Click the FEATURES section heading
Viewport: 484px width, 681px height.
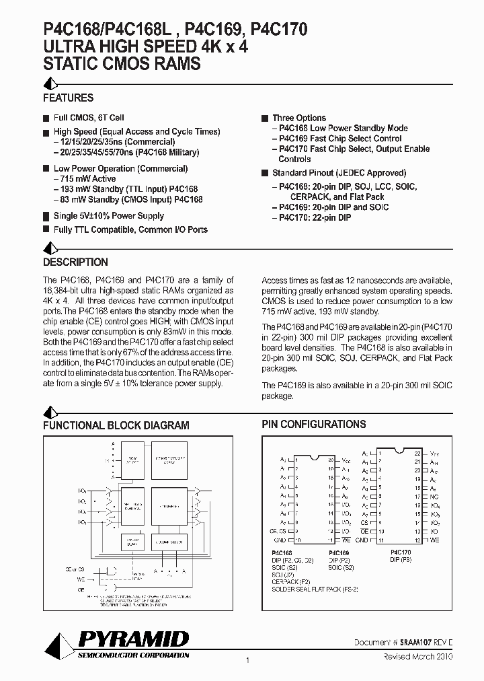pyautogui.click(x=68, y=98)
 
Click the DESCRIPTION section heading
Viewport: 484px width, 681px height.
pyautogui.click(x=75, y=262)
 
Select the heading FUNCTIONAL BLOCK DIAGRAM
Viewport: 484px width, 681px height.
pyautogui.click(x=116, y=425)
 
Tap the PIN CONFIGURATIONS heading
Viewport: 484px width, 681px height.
pyautogui.click(x=313, y=425)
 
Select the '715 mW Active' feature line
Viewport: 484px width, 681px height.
pyautogui.click(x=85, y=179)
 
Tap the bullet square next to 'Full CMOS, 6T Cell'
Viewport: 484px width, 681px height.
pyautogui.click(x=46, y=118)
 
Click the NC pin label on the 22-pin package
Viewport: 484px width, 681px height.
pyautogui.click(x=435, y=497)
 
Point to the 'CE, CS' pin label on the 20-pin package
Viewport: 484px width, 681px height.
pyautogui.click(x=277, y=531)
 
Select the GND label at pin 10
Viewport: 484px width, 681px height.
pyautogui.click(x=280, y=540)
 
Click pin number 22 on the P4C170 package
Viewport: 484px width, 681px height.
pyautogui.click(x=417, y=454)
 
